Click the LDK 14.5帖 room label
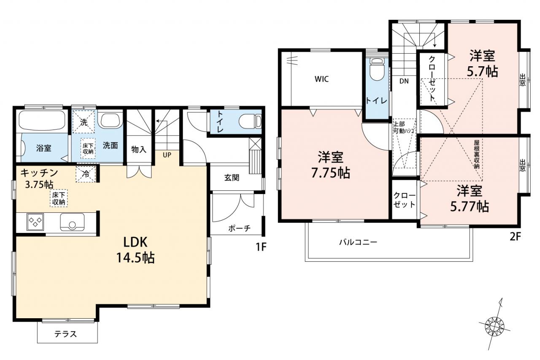tap(135, 250)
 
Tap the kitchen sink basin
tap(72, 222)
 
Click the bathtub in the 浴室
tap(42, 121)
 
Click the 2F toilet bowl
tap(377, 69)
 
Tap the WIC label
tap(321, 79)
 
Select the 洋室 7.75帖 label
tap(330, 165)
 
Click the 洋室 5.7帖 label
tap(482, 63)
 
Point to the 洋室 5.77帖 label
tap(470, 198)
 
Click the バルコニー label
tap(358, 242)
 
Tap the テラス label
tap(65, 334)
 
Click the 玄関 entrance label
tap(232, 178)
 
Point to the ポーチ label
tap(239, 228)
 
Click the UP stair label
tap(167, 155)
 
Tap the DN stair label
tap(404, 81)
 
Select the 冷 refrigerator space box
tap(86, 174)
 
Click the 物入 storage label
tap(139, 149)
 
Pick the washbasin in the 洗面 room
tap(112, 120)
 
